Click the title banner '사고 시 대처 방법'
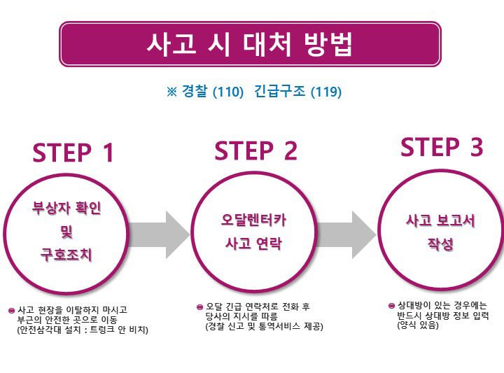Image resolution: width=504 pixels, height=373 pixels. (250, 44)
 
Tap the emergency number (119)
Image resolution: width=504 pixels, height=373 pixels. (325, 92)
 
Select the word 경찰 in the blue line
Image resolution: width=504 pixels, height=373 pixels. (195, 92)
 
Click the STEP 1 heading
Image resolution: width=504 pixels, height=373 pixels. (73, 152)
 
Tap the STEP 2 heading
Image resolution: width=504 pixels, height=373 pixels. (255, 150)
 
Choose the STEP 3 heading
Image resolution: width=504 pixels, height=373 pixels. (442, 147)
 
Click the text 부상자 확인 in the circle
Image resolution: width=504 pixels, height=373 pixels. (66, 209)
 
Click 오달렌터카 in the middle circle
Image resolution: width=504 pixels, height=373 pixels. (250, 220)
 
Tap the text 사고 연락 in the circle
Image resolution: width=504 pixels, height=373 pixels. (250, 244)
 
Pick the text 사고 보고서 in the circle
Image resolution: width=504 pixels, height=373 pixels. (441, 220)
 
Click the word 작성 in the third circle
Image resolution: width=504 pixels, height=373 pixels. (441, 245)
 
